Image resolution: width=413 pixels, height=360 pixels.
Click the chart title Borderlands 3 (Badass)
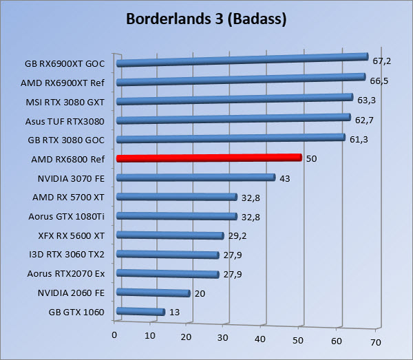tap(206, 19)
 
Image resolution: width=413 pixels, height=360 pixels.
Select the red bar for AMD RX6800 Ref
tap(209, 158)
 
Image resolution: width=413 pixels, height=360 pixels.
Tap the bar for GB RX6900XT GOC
tap(242, 60)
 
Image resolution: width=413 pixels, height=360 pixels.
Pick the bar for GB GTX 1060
tap(141, 312)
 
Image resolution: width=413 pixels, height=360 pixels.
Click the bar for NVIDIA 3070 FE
tap(196, 178)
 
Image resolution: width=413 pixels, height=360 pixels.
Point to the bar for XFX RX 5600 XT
tap(171, 235)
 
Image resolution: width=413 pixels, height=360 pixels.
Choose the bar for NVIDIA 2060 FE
tap(153, 293)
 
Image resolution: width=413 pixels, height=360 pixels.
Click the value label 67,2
tap(382, 61)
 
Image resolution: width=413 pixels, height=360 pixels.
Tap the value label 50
tap(311, 158)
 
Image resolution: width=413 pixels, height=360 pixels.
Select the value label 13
tap(175, 312)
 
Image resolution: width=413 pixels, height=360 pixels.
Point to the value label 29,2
tap(237, 235)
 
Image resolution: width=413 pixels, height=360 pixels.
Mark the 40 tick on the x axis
tap(260, 339)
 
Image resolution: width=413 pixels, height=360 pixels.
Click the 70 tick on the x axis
tap(375, 342)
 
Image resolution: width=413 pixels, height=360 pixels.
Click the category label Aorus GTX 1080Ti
tap(67, 215)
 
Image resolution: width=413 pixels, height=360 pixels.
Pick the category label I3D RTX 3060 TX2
tap(67, 254)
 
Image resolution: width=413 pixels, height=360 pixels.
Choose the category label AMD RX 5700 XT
tap(68, 197)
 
